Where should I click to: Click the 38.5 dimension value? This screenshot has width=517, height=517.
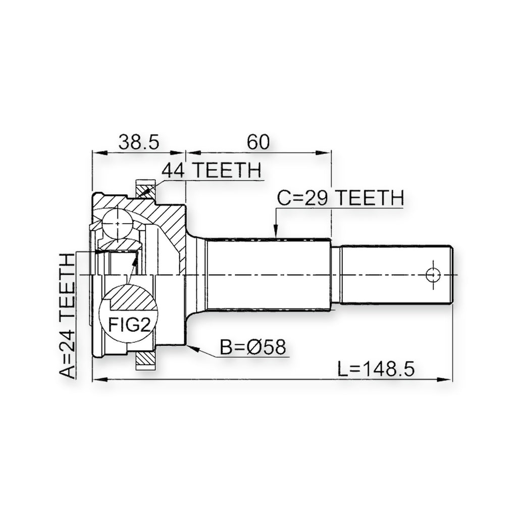coord(139,142)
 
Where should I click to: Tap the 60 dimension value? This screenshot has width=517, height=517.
coord(258,142)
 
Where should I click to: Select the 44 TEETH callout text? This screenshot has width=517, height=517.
coord(212,170)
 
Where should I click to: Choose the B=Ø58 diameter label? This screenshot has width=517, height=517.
coord(253,347)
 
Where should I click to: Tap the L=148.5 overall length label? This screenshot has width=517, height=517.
coord(376,369)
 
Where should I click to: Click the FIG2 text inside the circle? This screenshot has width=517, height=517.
coord(129,325)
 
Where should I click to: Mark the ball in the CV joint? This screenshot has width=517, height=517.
coord(117,224)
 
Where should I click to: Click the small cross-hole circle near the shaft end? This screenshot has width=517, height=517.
coord(433,275)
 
